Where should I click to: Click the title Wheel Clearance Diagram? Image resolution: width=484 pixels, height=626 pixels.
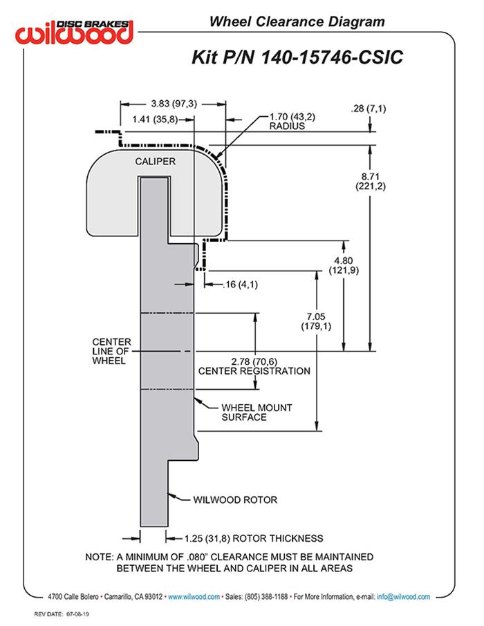pyautogui.click(x=297, y=22)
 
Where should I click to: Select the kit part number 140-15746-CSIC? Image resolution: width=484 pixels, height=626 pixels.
pyautogui.click(x=297, y=58)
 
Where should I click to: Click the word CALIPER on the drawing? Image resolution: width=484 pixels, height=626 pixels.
pyautogui.click(x=155, y=161)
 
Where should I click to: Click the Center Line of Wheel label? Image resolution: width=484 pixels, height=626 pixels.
pyautogui.click(x=109, y=351)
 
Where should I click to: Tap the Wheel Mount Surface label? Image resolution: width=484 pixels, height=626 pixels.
pyautogui.click(x=257, y=412)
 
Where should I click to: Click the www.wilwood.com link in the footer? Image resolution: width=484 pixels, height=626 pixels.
pyautogui.click(x=194, y=596)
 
